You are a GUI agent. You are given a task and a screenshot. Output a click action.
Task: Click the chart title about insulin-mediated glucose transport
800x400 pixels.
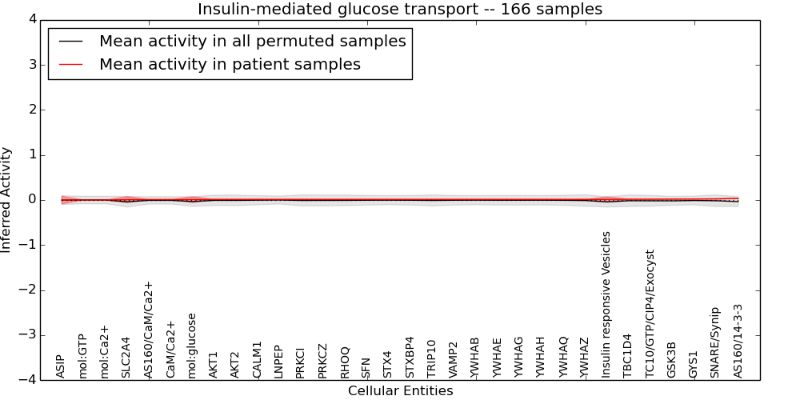pyautogui.click(x=400, y=9)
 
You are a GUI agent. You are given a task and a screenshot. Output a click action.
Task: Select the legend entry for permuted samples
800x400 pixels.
pyautogui.click(x=252, y=41)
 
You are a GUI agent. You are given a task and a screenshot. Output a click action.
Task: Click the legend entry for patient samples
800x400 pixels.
pyautogui.click(x=230, y=65)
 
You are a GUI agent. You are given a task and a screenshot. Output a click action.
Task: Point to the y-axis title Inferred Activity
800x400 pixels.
pyautogui.click(x=7, y=200)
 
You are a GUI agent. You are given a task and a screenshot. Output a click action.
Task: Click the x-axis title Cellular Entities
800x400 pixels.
pyautogui.click(x=400, y=391)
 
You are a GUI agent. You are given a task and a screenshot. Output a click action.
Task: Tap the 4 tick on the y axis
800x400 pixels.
pyautogui.click(x=30, y=19)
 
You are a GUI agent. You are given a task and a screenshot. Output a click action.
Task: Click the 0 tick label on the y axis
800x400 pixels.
pyautogui.click(x=30, y=200)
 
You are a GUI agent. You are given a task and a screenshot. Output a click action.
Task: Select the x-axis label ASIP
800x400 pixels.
pyautogui.click(x=60, y=366)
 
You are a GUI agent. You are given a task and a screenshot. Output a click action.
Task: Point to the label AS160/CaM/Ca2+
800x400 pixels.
pyautogui.click(x=148, y=329)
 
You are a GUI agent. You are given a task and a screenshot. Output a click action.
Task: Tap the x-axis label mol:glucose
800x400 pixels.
pyautogui.click(x=192, y=345)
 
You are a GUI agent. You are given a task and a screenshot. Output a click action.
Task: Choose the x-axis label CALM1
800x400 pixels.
pyautogui.click(x=257, y=359)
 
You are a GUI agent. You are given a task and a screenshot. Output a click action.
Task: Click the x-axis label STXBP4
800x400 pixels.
pyautogui.click(x=410, y=357)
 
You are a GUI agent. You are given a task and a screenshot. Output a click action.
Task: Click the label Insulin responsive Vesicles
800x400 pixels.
pyautogui.click(x=606, y=304)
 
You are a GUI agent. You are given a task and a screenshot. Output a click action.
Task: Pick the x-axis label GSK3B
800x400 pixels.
pyautogui.click(x=672, y=359)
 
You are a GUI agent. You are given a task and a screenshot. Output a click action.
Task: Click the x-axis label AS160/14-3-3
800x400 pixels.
pyautogui.click(x=738, y=340)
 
